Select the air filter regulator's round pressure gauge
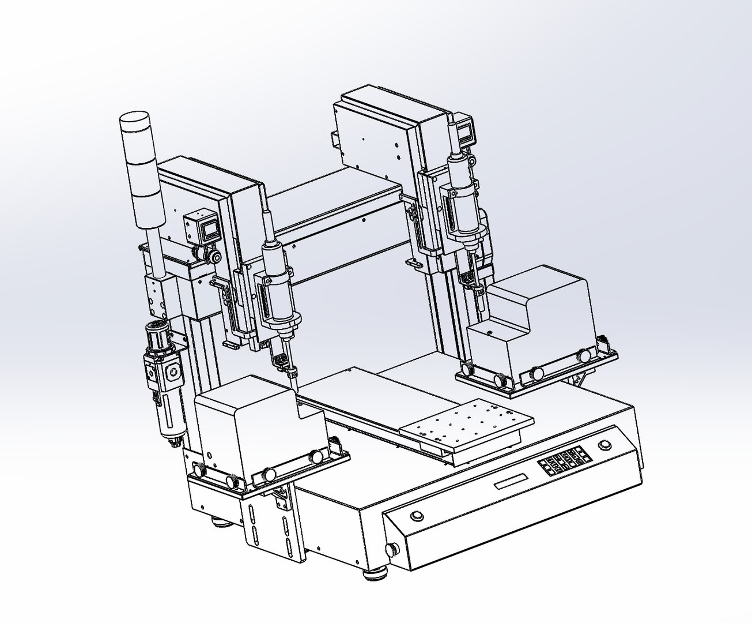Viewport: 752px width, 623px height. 172,374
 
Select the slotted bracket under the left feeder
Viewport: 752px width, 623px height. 269,522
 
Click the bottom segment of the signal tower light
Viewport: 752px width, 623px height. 148,208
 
